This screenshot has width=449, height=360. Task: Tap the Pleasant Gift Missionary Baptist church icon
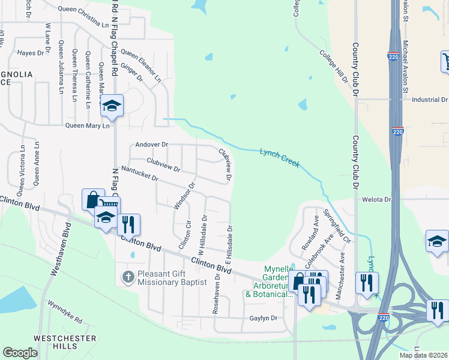(127, 277)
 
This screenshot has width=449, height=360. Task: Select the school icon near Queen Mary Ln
(111, 106)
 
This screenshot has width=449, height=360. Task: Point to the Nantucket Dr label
(139, 174)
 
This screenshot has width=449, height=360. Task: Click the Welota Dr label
(376, 199)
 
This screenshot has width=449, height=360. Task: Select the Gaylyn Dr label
(263, 318)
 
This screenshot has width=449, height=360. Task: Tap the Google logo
(20, 353)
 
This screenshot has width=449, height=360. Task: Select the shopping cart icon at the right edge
(446, 61)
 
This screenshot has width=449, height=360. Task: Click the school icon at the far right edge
(436, 241)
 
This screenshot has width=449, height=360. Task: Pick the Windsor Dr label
(184, 196)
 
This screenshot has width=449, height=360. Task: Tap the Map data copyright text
(423, 355)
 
